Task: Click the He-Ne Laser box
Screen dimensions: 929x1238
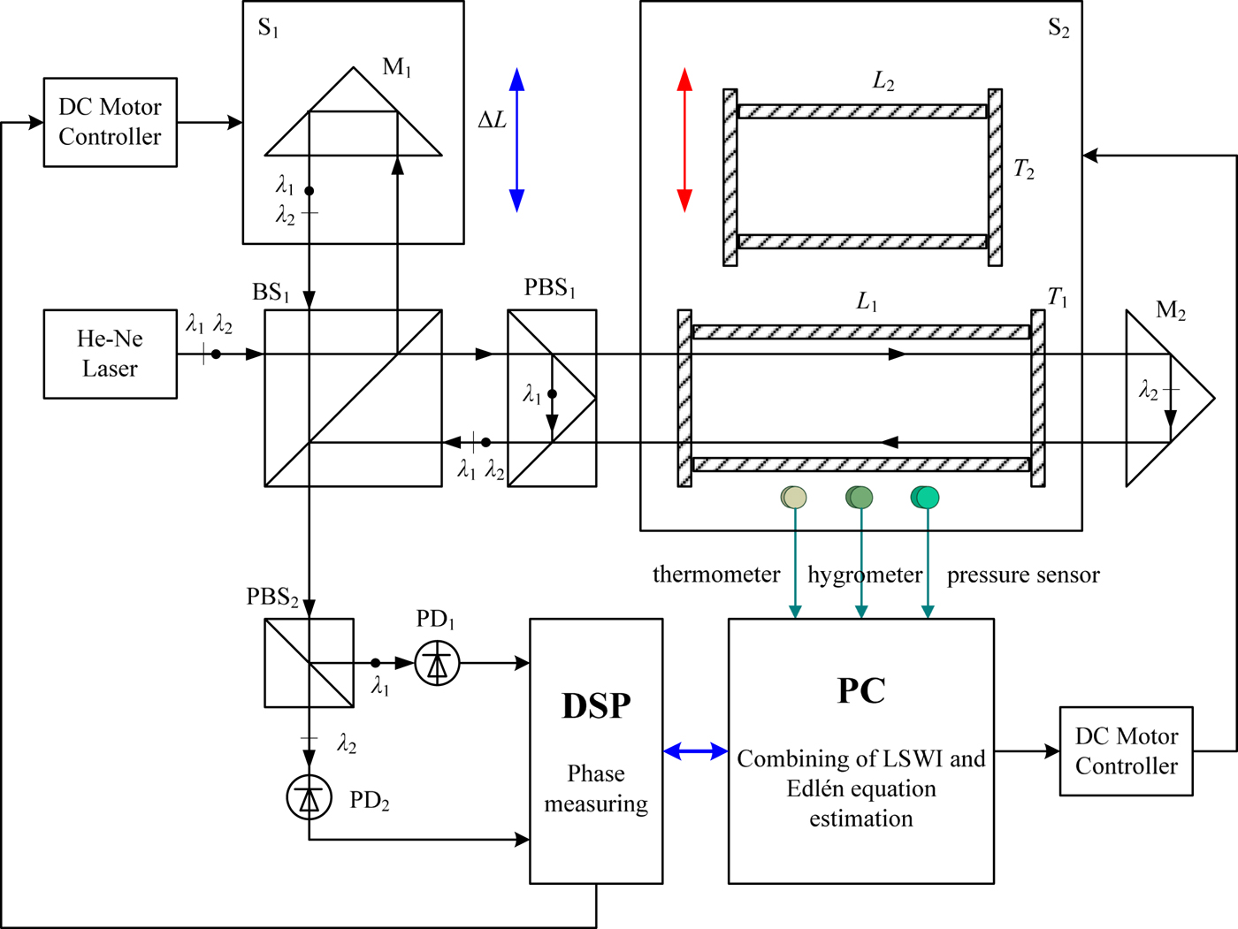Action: tap(110, 354)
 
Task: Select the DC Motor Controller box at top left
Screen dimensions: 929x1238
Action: tap(110, 122)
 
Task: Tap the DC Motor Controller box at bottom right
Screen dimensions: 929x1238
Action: tap(1126, 751)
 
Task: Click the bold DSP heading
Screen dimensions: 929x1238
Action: tap(596, 706)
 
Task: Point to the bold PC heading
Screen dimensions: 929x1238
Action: tap(860, 690)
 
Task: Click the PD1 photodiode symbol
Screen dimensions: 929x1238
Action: tap(437, 663)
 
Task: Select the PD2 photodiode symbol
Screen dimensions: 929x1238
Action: tap(309, 797)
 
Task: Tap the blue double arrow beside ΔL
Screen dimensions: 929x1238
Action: tap(516, 140)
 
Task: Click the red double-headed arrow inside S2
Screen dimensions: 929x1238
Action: tap(684, 140)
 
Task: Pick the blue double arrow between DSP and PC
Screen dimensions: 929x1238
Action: tap(695, 751)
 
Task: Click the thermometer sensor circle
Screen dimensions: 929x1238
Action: tap(794, 498)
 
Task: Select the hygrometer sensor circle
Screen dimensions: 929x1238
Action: tap(860, 498)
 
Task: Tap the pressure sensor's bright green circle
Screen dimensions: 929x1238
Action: tap(925, 498)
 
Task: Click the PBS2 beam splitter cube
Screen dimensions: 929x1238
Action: tap(309, 663)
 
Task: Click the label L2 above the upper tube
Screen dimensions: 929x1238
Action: tap(883, 81)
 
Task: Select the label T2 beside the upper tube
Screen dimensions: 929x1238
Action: tap(1023, 169)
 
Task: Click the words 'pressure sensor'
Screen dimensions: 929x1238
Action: tap(1023, 575)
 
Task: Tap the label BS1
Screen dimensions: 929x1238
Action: tap(271, 293)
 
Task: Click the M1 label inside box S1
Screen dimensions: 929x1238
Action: tap(396, 67)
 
